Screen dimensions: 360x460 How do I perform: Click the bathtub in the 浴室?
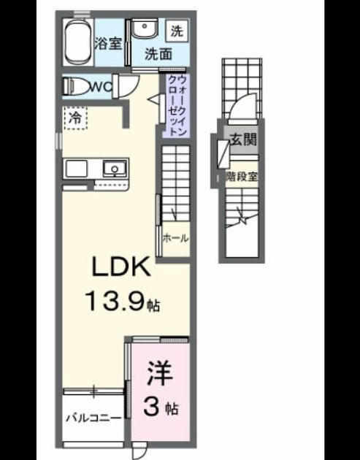(x=78, y=42)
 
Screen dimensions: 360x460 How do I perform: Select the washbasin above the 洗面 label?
(x=144, y=28)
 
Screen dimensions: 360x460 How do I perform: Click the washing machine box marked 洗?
(x=177, y=31)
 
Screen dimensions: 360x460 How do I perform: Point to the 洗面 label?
(x=158, y=54)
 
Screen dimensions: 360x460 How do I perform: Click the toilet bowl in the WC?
(x=77, y=87)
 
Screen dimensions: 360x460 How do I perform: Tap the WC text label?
(x=102, y=87)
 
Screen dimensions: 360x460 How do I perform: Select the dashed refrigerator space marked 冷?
(x=75, y=118)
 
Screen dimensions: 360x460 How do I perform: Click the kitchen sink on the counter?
(x=115, y=169)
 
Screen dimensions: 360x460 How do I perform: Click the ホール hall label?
(x=175, y=238)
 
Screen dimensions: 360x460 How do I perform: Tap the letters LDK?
(x=121, y=267)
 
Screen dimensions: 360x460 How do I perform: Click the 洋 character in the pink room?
(x=160, y=374)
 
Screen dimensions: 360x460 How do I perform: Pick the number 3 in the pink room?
(x=152, y=407)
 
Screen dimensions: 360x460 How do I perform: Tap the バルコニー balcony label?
(x=93, y=418)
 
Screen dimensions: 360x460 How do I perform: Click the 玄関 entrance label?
(x=243, y=139)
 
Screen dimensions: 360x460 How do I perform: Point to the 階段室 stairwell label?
(x=242, y=177)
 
